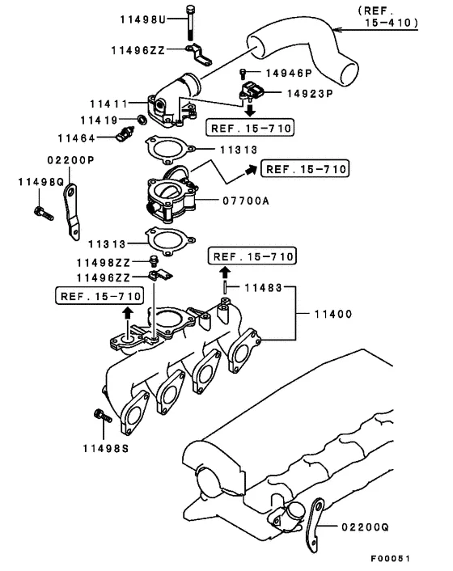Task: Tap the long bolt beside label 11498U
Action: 188,22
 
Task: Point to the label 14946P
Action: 283,74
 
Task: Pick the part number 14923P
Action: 310,93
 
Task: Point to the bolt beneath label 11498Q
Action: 40,213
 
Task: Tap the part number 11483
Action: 265,287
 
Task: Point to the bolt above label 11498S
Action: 99,416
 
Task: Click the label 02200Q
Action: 366,527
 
